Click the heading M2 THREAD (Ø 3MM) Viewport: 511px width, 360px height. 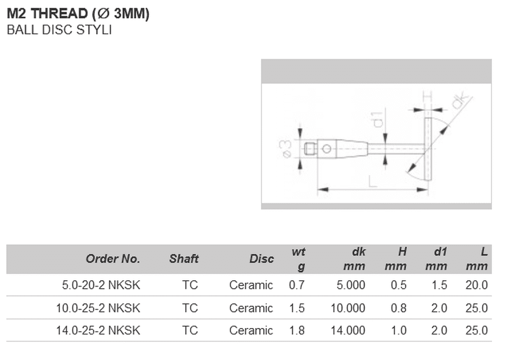(x=78, y=13)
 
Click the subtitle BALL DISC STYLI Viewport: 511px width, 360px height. (x=59, y=30)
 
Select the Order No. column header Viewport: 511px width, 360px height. (x=113, y=259)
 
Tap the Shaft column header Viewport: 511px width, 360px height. (x=184, y=259)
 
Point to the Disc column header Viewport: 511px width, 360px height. (x=261, y=259)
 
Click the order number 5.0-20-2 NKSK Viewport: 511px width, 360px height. (x=101, y=285)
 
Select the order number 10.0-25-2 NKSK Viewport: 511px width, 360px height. (x=98, y=308)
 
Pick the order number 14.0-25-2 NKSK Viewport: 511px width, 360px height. (x=98, y=331)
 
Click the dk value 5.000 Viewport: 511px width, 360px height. (x=351, y=285)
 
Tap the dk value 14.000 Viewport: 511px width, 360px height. (x=348, y=331)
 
